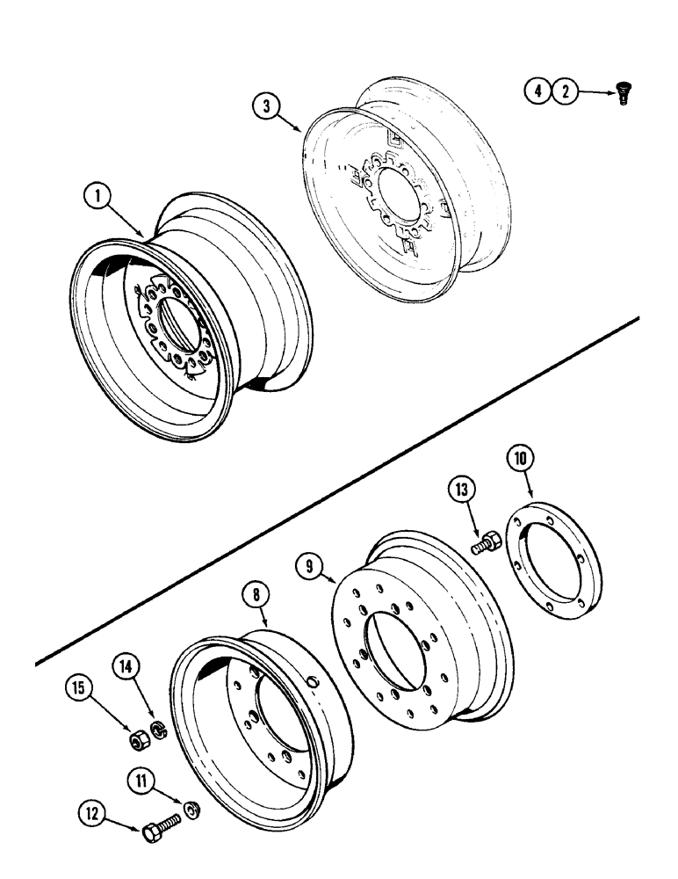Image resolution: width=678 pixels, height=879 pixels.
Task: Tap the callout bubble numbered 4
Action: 538,91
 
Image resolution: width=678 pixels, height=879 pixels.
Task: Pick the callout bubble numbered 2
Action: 566,91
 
